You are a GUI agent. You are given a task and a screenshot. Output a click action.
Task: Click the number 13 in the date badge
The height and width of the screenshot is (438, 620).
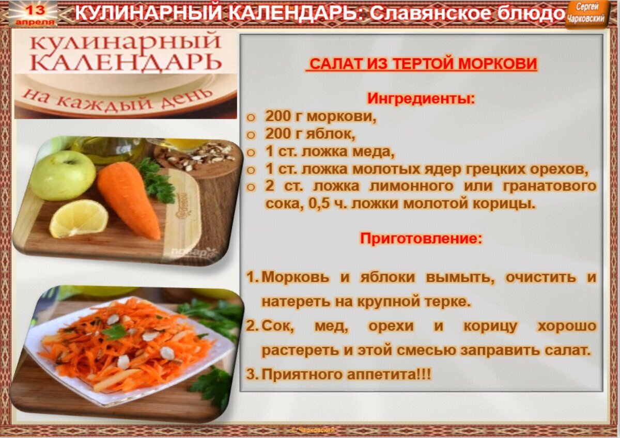[36, 10]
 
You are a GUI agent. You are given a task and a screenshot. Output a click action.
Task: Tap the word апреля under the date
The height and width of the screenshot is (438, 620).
[35, 22]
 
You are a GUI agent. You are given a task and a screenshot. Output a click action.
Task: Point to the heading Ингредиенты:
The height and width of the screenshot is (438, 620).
[421, 98]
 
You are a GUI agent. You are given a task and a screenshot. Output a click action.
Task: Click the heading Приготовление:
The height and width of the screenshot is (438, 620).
[421, 238]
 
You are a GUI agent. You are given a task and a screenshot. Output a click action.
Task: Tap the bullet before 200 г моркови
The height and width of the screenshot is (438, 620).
[251, 118]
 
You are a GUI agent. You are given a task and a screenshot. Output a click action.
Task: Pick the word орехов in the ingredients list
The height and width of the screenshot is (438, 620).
[559, 169]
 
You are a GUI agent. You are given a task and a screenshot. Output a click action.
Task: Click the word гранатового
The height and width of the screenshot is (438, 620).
[549, 186]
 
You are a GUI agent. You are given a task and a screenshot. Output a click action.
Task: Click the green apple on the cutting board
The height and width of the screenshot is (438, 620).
[63, 175]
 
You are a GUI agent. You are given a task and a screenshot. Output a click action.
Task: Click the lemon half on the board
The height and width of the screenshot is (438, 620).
[79, 218]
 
